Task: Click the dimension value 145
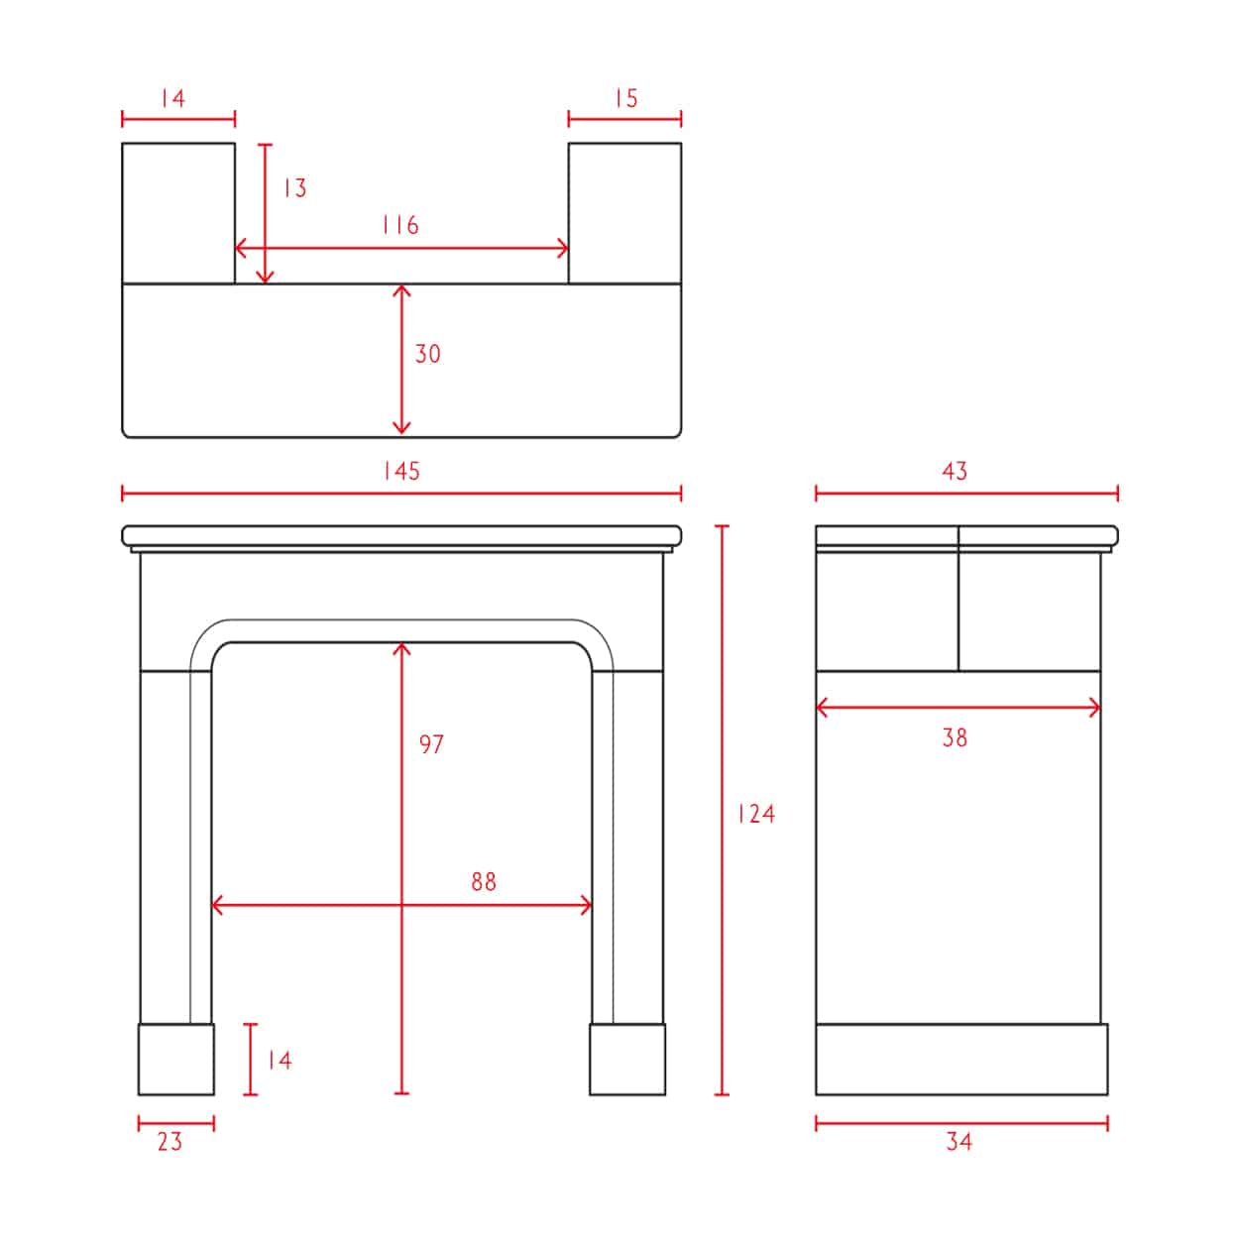click(401, 471)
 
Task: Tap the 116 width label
click(399, 225)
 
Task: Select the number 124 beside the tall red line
click(756, 814)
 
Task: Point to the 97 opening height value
click(431, 744)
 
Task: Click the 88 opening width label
click(484, 881)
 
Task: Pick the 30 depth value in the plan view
click(427, 354)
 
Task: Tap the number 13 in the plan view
click(295, 187)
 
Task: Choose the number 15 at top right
click(625, 98)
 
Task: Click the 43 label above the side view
click(955, 471)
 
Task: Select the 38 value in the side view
click(955, 737)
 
